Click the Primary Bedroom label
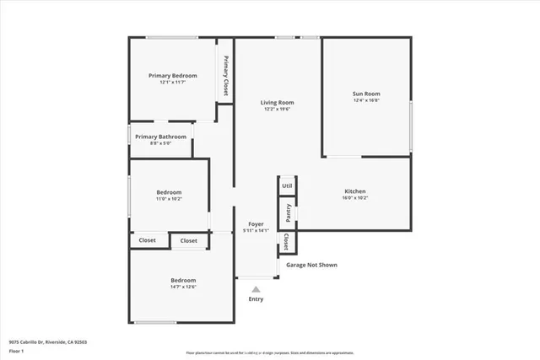pyautogui.click(x=172, y=75)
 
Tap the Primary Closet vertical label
pyautogui.click(x=225, y=77)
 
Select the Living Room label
pyautogui.click(x=278, y=102)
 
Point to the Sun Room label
pyautogui.click(x=365, y=94)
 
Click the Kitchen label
pyautogui.click(x=355, y=191)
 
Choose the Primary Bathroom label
pyautogui.click(x=160, y=137)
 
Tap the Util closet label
pyautogui.click(x=287, y=185)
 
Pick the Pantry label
pyautogui.click(x=288, y=211)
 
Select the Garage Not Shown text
pyautogui.click(x=311, y=265)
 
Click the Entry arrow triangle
pyautogui.click(x=256, y=288)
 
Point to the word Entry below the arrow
pyautogui.click(x=256, y=299)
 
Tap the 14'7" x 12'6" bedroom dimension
pyautogui.click(x=183, y=287)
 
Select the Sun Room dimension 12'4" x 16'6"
pyautogui.click(x=365, y=100)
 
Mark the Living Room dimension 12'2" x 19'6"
pyautogui.click(x=278, y=109)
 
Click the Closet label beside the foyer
pyautogui.click(x=287, y=242)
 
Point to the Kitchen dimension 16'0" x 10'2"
pyautogui.click(x=355, y=198)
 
